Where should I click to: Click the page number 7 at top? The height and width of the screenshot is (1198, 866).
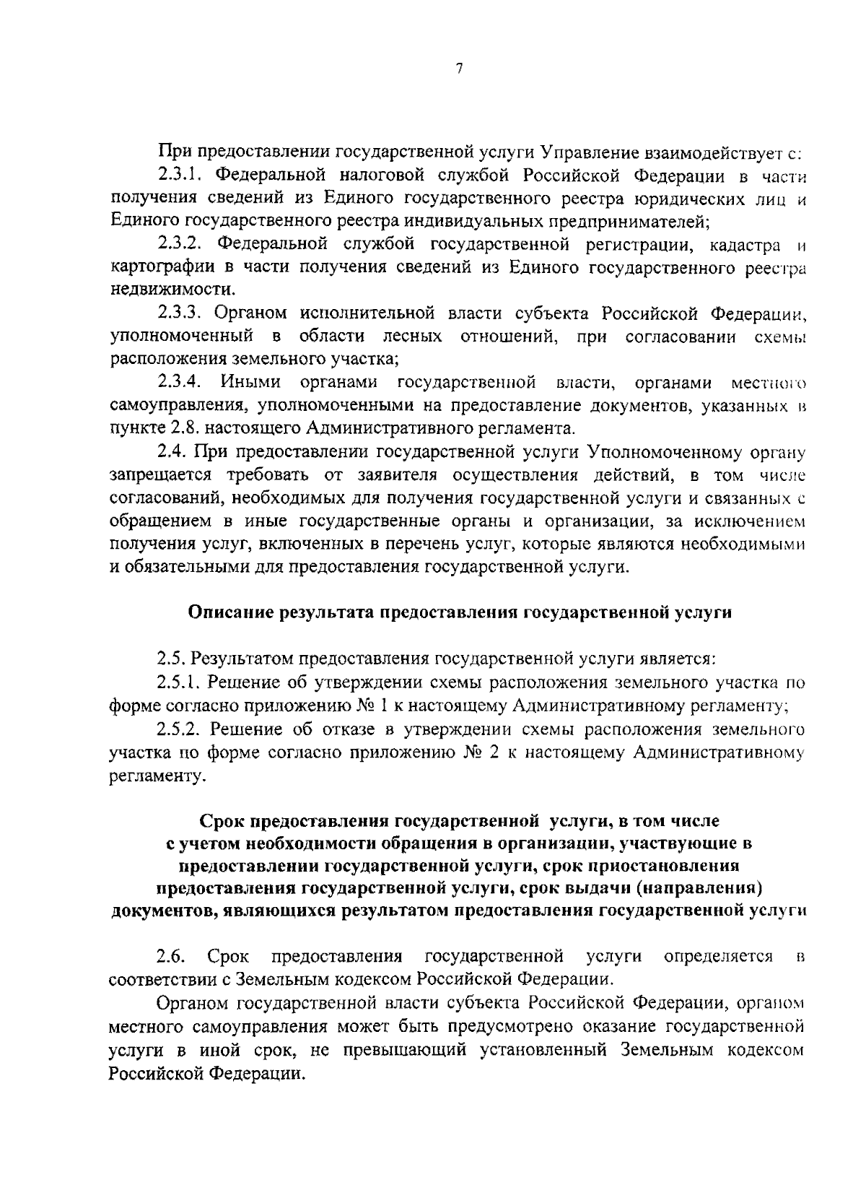[459, 69]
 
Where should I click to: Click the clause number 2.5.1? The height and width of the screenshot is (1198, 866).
[180, 682]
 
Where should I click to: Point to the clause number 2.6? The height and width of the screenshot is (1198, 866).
[171, 957]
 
